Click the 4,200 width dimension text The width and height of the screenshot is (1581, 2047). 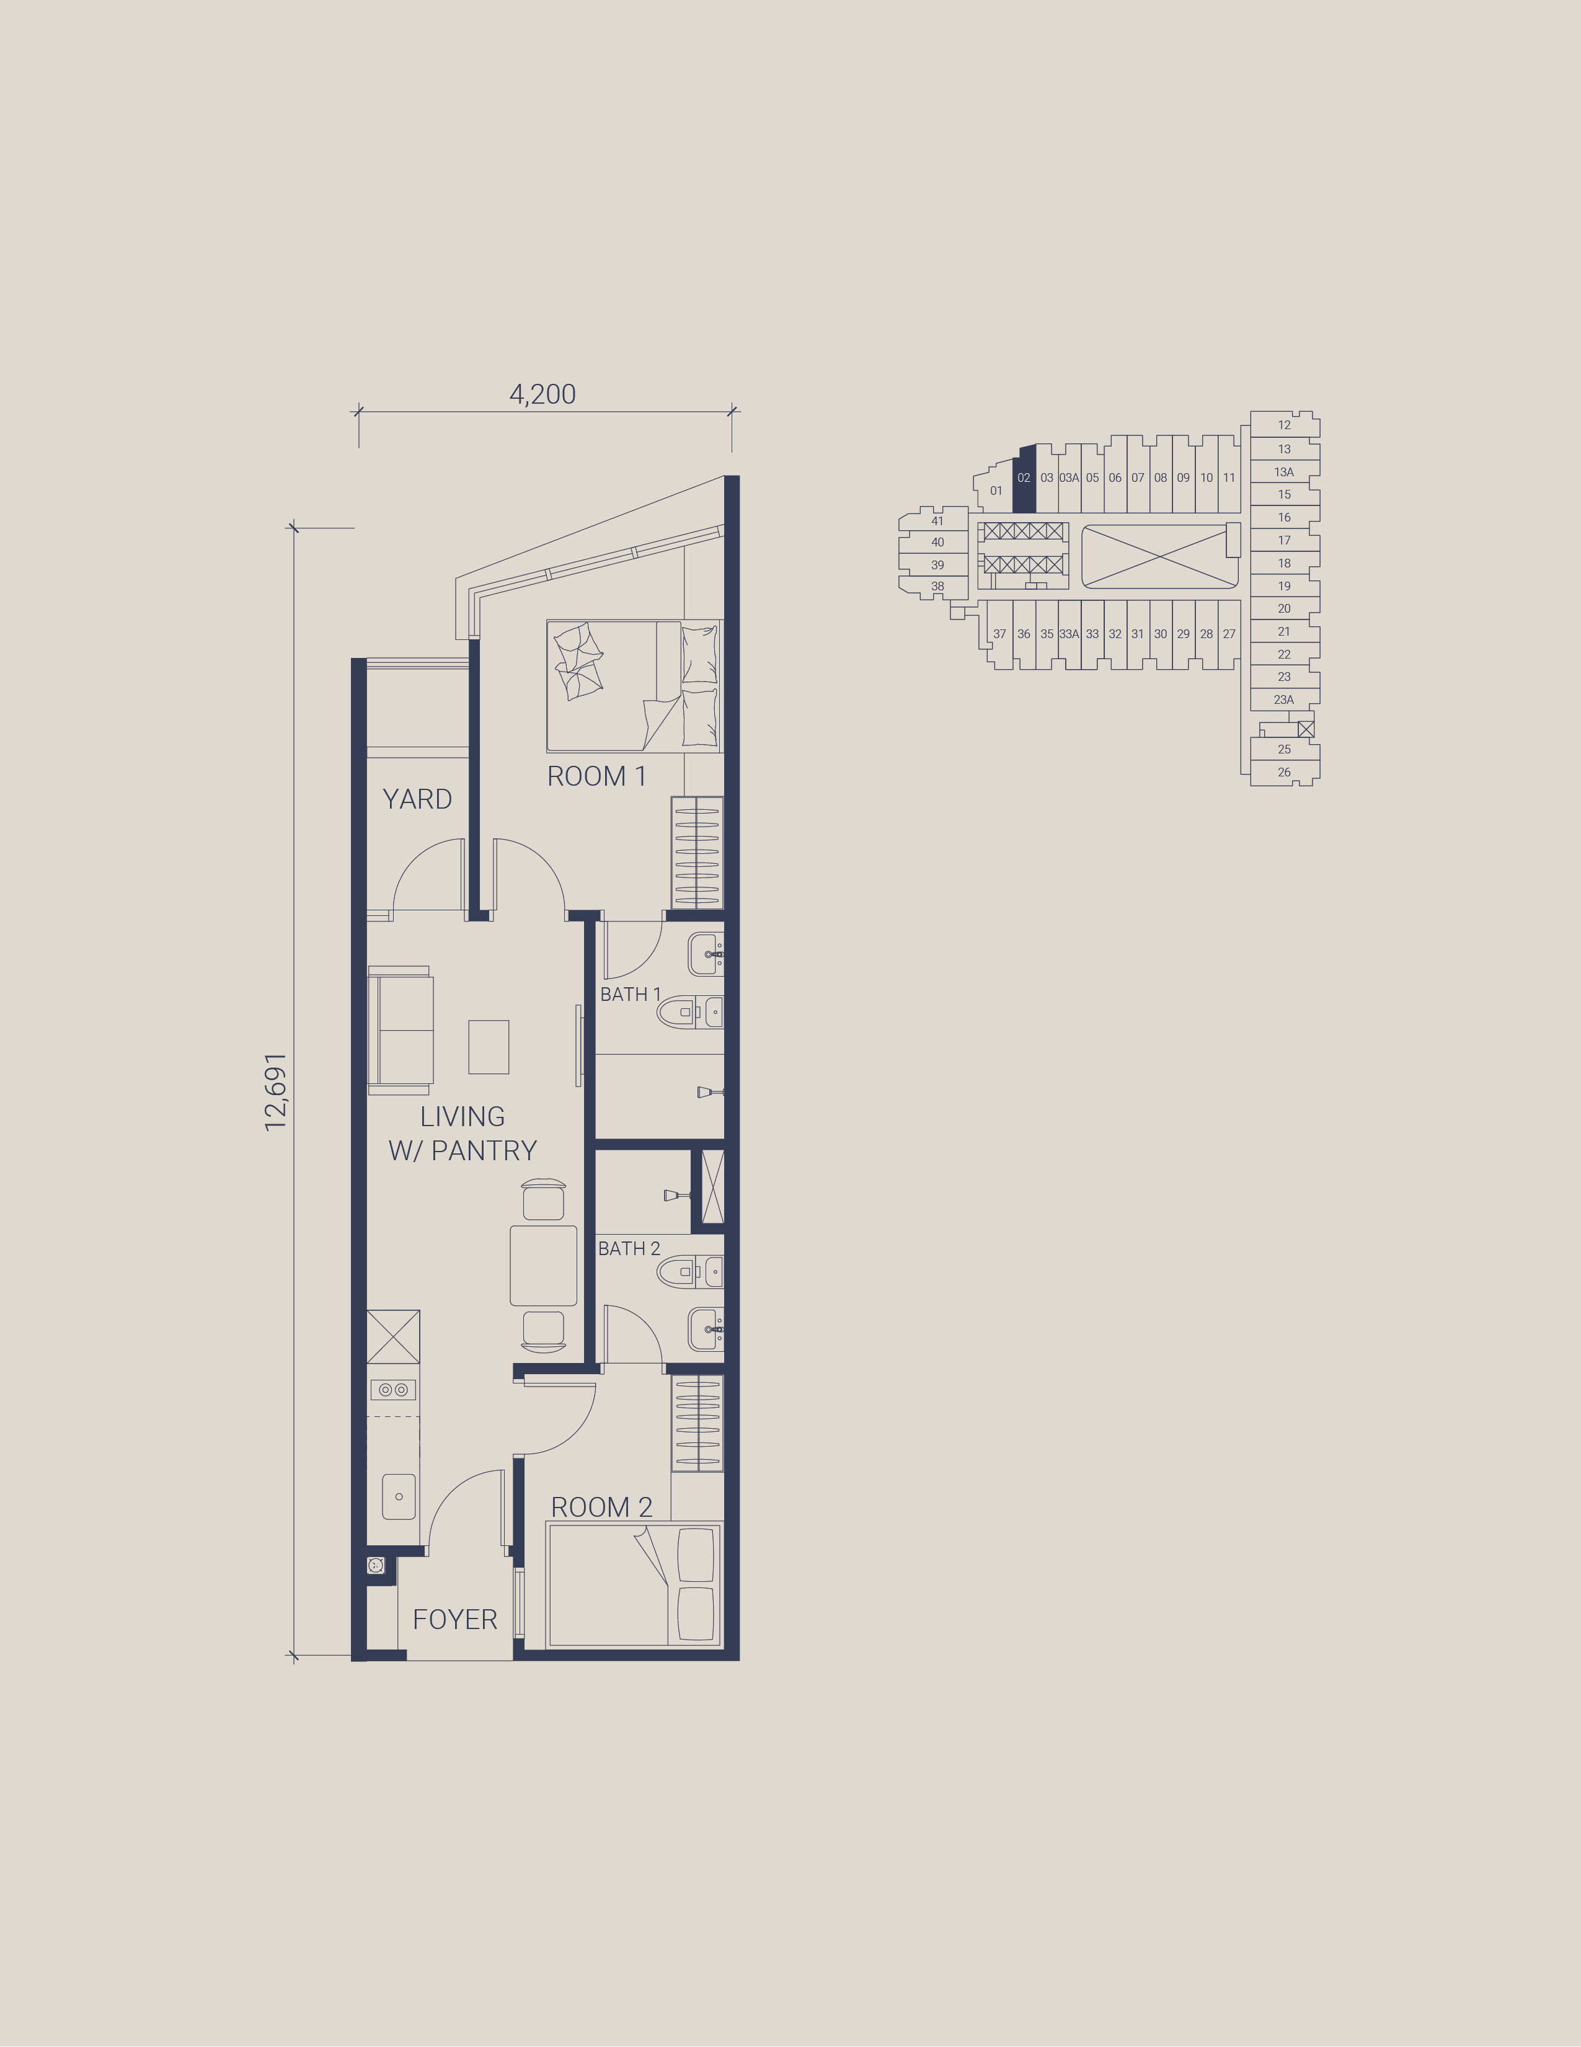pos(542,394)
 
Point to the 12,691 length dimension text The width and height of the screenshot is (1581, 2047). pos(275,1092)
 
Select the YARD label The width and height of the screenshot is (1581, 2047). pos(417,799)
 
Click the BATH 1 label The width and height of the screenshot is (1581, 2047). pos(631,995)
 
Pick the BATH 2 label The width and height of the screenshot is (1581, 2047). pos(629,1248)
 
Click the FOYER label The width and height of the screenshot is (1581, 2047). pos(454,1620)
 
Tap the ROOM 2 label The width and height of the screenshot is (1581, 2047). pos(601,1507)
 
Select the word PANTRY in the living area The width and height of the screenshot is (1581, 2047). pos(484,1150)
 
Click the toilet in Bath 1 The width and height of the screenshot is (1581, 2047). pos(690,1012)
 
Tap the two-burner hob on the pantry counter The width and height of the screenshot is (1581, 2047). pos(392,1390)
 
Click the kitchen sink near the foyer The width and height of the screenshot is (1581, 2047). pos(398,1497)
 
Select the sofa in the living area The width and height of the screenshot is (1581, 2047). pos(399,1030)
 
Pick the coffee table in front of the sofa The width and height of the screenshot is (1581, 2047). pos(489,1047)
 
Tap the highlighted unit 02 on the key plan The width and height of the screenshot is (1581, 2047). pos(1024,479)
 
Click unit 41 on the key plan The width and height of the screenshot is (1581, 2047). pos(937,521)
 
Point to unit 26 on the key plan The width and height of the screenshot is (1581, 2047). pos(1284,772)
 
